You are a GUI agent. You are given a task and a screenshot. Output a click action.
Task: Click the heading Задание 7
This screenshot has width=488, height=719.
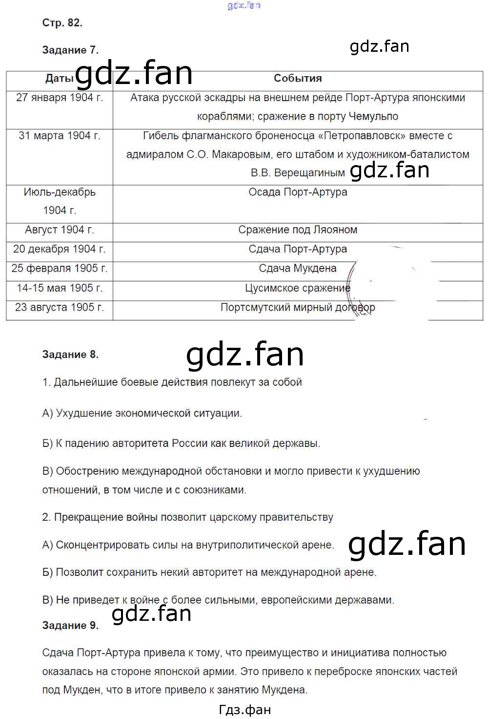click(x=70, y=50)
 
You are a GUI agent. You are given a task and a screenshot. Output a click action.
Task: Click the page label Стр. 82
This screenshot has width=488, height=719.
click(x=62, y=22)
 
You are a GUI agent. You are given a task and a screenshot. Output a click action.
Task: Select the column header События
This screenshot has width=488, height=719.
click(x=298, y=78)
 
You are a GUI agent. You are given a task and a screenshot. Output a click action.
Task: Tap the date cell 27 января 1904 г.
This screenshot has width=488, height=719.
click(x=60, y=97)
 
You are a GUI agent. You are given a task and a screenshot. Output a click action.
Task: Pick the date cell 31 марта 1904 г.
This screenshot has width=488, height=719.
click(x=60, y=136)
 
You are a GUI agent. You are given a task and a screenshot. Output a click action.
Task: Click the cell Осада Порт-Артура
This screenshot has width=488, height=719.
click(x=298, y=192)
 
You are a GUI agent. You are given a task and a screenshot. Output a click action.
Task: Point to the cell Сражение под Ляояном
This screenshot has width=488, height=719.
click(x=298, y=230)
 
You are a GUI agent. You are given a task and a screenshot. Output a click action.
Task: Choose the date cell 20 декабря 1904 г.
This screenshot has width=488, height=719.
click(x=60, y=249)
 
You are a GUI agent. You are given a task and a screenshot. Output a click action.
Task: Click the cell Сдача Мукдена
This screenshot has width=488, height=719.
click(x=298, y=268)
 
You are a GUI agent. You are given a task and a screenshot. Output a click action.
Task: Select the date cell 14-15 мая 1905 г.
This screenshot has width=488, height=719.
click(x=60, y=288)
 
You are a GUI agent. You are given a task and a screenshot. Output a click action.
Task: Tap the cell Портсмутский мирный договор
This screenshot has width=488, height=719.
click(x=298, y=308)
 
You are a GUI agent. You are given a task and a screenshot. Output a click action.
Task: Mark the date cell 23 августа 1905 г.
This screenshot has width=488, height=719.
click(x=60, y=308)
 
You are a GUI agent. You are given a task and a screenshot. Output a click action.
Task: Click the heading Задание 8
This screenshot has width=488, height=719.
click(x=70, y=355)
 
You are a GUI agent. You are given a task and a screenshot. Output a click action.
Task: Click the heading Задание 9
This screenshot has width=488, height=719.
click(x=70, y=625)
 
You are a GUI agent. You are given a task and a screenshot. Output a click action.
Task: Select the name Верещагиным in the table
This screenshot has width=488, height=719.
click(x=309, y=173)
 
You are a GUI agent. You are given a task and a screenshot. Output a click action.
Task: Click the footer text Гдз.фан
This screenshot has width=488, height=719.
click(x=244, y=709)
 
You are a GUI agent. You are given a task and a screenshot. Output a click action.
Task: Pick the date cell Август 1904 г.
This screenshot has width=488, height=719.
click(x=60, y=230)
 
